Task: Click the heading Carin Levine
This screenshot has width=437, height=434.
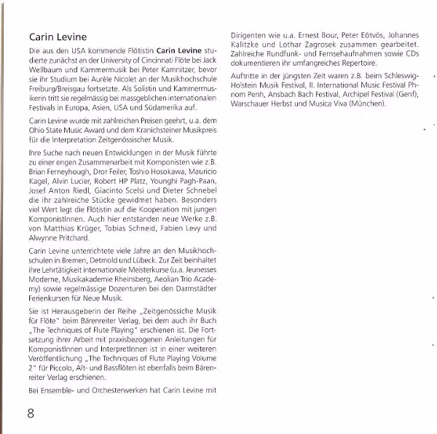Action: click(x=58, y=37)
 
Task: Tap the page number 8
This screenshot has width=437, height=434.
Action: click(x=31, y=414)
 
